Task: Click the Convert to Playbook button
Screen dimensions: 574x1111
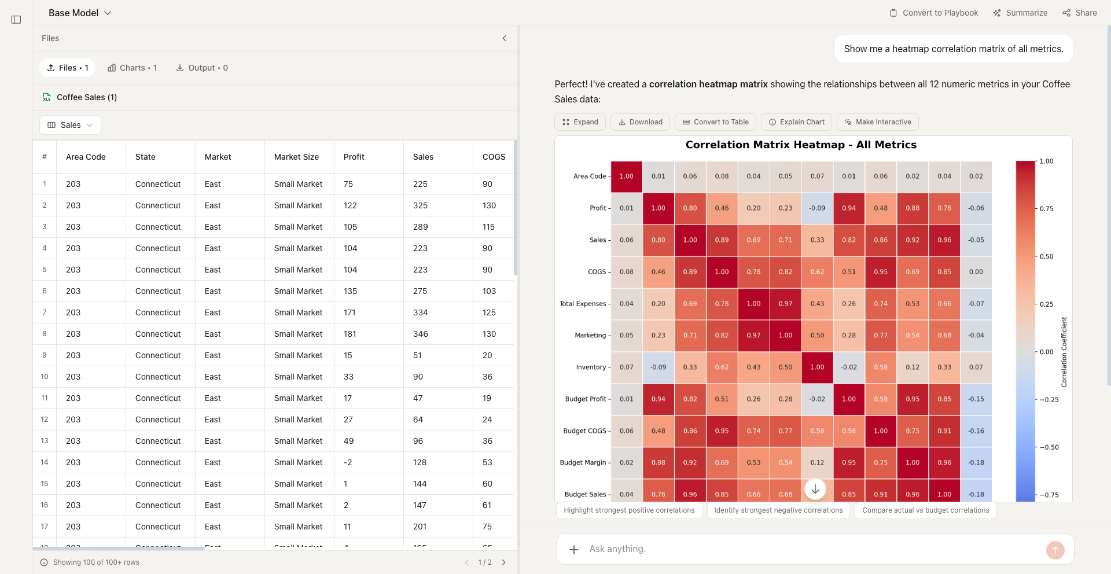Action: pyautogui.click(x=933, y=13)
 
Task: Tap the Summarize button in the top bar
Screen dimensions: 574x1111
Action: pyautogui.click(x=1020, y=13)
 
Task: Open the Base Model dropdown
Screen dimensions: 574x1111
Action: pyautogui.click(x=80, y=13)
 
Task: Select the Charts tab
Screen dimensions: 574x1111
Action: pyautogui.click(x=132, y=68)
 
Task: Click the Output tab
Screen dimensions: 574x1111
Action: pyautogui.click(x=202, y=68)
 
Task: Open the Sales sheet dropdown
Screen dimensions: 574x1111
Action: pyautogui.click(x=70, y=125)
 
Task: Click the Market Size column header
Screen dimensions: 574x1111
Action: pyautogui.click(x=296, y=157)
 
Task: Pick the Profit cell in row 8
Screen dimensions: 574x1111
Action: pyautogui.click(x=350, y=334)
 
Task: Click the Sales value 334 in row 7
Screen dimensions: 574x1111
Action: pyautogui.click(x=421, y=312)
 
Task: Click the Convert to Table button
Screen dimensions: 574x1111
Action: pyautogui.click(x=715, y=122)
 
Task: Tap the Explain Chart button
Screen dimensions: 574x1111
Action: pyautogui.click(x=796, y=122)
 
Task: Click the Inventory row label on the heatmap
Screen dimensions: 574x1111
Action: pyautogui.click(x=590, y=367)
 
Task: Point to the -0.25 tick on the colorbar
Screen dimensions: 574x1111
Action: pyautogui.click(x=1049, y=400)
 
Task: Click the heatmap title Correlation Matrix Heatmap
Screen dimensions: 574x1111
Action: pyautogui.click(x=801, y=145)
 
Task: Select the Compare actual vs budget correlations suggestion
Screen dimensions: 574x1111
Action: pyautogui.click(x=925, y=510)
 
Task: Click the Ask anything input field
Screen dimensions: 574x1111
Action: pyautogui.click(x=810, y=549)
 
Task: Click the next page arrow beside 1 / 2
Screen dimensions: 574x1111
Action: pyautogui.click(x=503, y=562)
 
